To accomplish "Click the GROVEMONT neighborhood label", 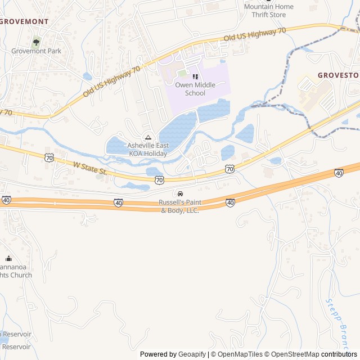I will point(24,21).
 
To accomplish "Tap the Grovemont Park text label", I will point(36,51).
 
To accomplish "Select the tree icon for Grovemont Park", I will point(37,41).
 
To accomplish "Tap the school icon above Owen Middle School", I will point(195,76).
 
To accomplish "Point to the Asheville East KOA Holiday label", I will point(147,149).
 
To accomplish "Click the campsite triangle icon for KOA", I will point(148,137).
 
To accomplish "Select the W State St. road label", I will point(90,168).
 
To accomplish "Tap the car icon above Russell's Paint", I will point(180,194).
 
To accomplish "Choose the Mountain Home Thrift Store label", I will point(268,11).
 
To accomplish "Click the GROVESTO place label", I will point(338,75).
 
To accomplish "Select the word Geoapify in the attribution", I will point(192,354).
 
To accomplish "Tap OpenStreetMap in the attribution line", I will point(295,354).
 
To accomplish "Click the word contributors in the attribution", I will point(339,354).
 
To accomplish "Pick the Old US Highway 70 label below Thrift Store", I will point(255,35).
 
